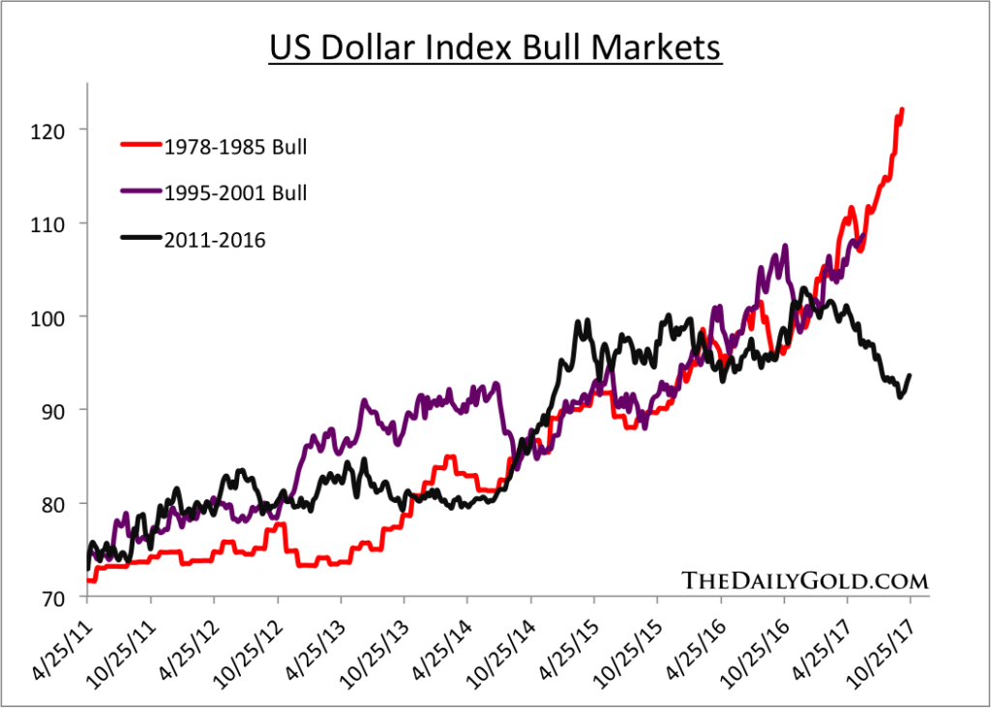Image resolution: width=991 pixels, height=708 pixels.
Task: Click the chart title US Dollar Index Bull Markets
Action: (x=494, y=46)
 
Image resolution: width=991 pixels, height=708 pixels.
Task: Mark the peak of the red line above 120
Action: (x=902, y=109)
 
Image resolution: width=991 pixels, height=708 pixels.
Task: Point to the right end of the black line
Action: (x=910, y=375)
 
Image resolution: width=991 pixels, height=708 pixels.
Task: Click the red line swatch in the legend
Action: (x=137, y=147)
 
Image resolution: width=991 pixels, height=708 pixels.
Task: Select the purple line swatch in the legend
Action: (x=137, y=192)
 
